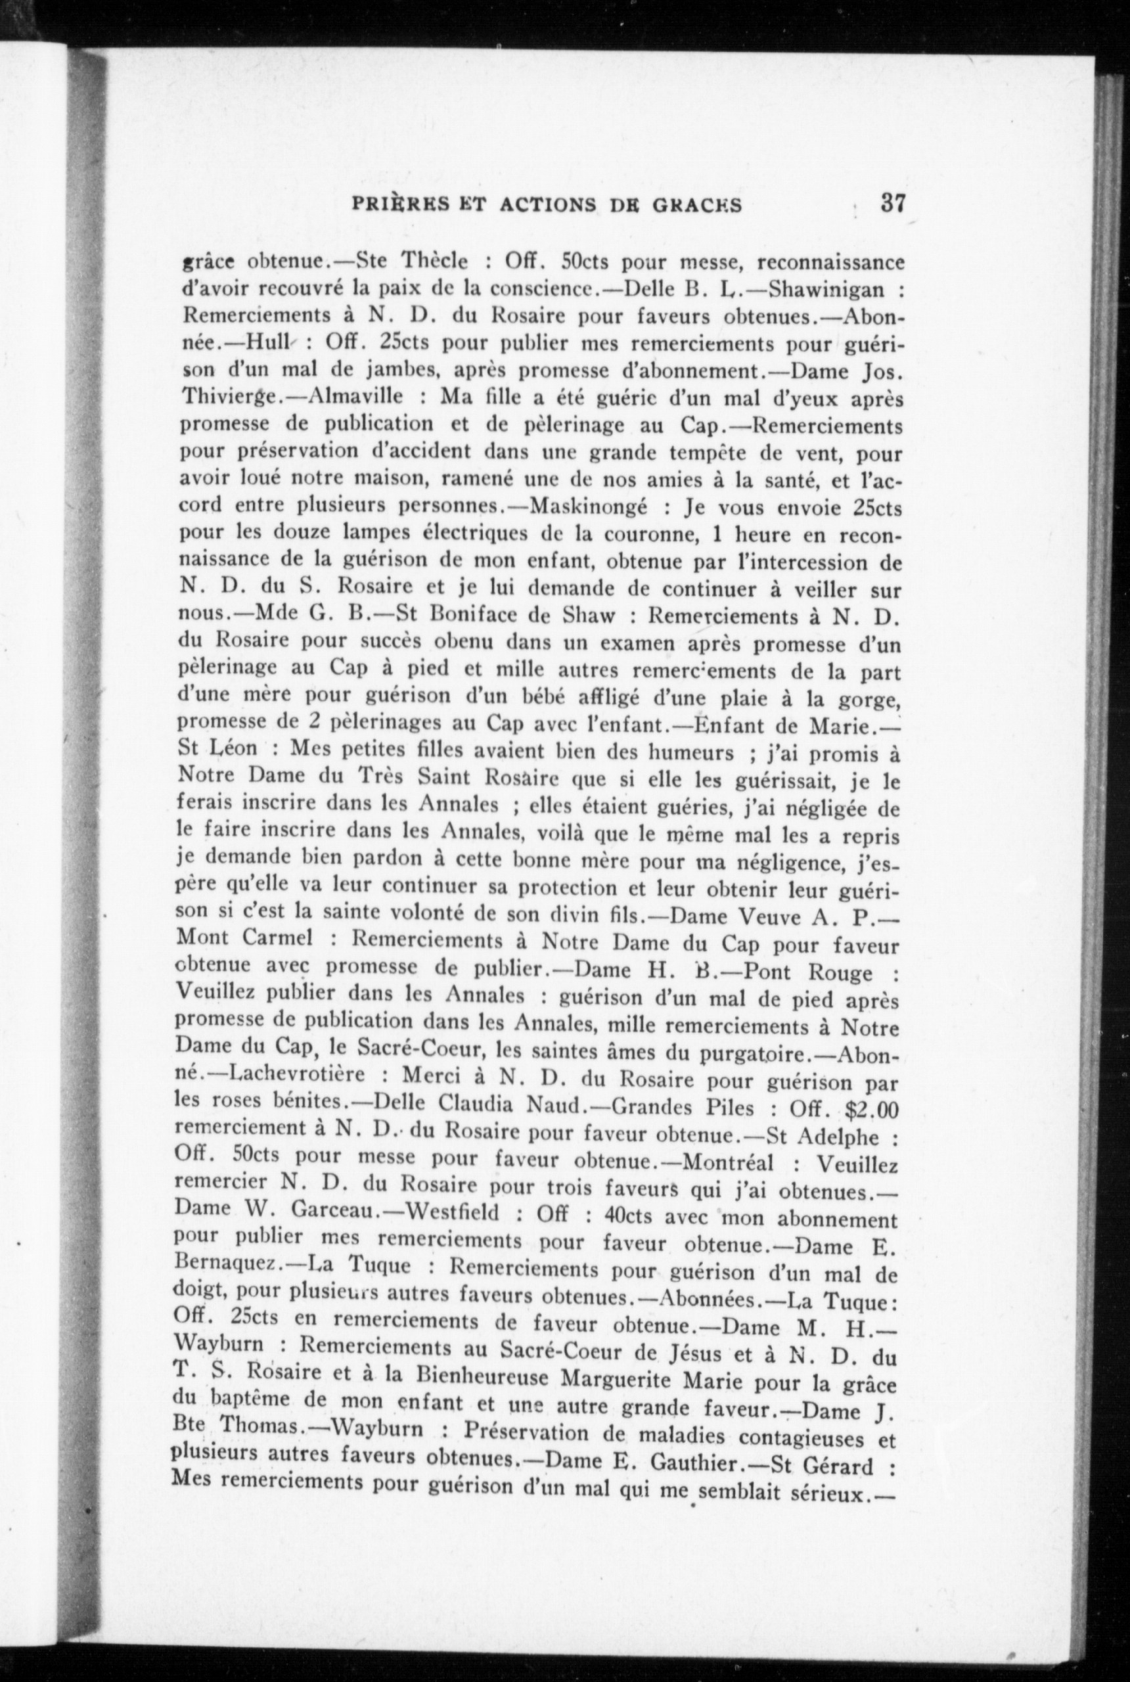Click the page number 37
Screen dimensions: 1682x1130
coord(892,203)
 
